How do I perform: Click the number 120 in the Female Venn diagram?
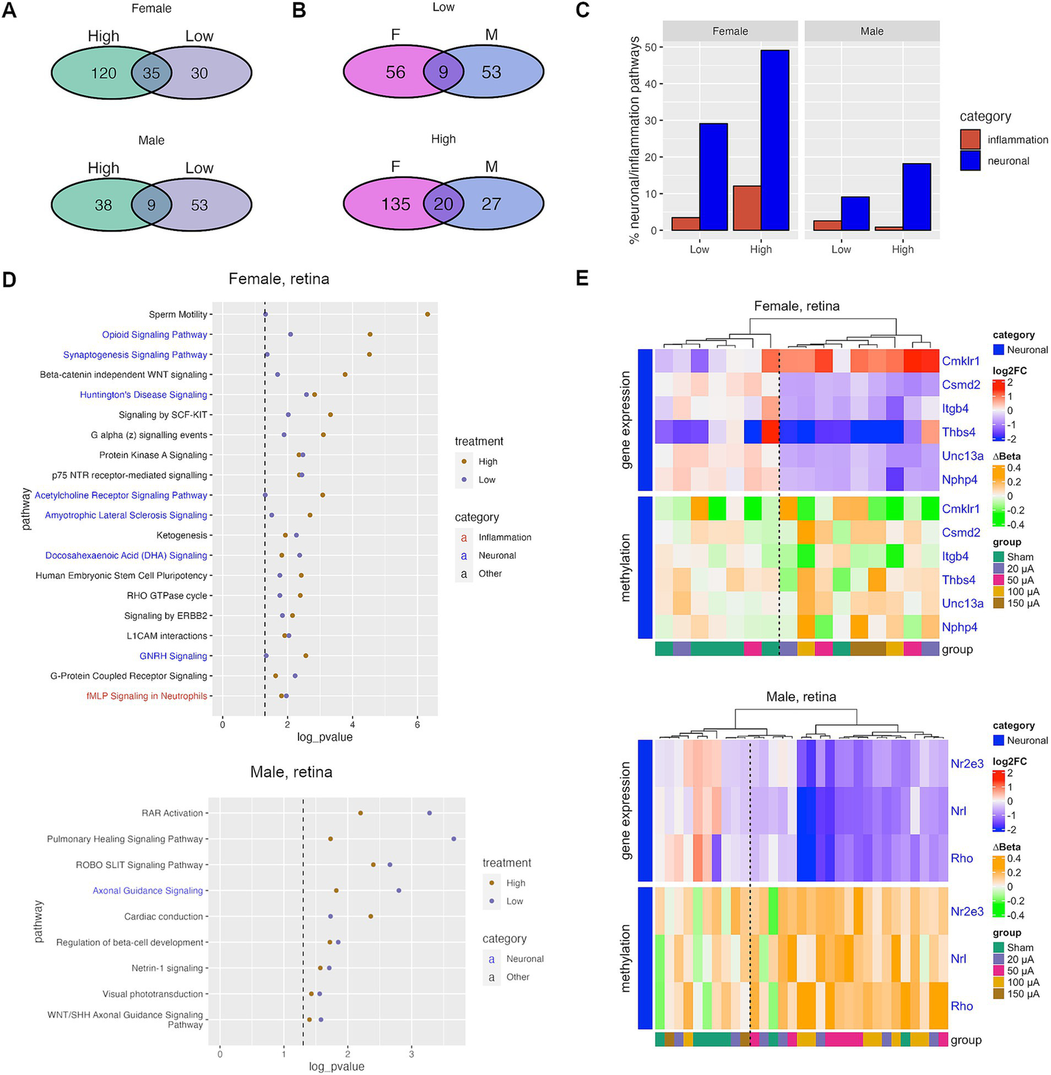tap(103, 73)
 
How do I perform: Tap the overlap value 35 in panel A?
tap(151, 73)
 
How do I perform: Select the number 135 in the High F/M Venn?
tap(396, 204)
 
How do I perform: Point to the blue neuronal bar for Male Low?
tap(855, 214)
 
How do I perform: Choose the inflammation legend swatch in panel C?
tap(970, 140)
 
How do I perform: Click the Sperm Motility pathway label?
tap(178, 314)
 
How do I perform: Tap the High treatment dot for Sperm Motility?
tap(427, 314)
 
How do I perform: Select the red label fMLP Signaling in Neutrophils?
tap(147, 696)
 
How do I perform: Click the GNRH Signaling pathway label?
tap(173, 656)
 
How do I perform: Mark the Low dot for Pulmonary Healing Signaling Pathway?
tap(453, 839)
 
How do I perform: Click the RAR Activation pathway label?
tap(173, 813)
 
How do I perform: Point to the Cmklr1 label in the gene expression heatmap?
tap(961, 361)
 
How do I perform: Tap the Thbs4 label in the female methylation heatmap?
tap(959, 580)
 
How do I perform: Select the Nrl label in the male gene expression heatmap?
tap(959, 811)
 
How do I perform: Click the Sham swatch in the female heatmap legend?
tap(999, 557)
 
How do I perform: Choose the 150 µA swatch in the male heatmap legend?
tap(999, 994)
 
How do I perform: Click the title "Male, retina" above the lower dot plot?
tap(291, 772)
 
